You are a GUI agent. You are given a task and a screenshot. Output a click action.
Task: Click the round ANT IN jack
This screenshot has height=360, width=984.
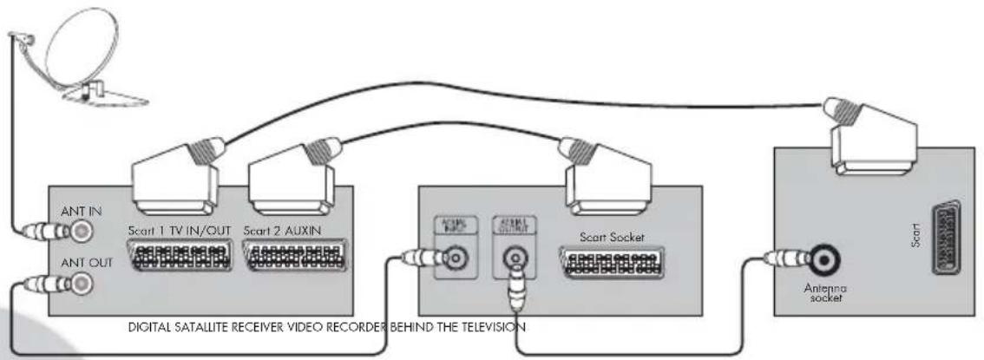pyautogui.click(x=82, y=232)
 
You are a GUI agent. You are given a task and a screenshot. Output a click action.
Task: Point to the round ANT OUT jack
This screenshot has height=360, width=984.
pyautogui.click(x=82, y=284)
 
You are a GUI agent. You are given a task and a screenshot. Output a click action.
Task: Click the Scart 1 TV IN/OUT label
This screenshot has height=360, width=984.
pyautogui.click(x=178, y=232)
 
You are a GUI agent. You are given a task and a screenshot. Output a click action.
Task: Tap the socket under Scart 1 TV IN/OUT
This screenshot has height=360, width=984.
pyautogui.click(x=179, y=258)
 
